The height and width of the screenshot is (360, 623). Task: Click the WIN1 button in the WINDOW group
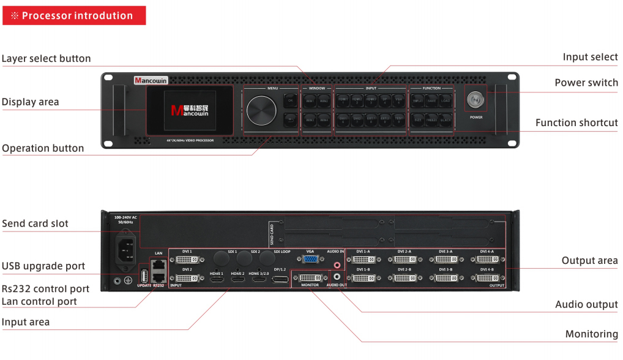(310, 100)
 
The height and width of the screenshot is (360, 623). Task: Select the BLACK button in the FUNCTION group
(446, 119)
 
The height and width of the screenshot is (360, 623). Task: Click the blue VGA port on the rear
(310, 260)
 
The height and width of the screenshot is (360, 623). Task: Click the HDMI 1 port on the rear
(217, 279)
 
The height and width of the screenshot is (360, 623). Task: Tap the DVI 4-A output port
(487, 260)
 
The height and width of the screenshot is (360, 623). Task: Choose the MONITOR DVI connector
(310, 279)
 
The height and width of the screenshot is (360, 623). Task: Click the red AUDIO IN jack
(337, 265)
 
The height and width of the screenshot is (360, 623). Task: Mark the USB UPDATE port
(144, 276)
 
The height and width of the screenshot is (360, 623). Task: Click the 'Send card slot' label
(35, 223)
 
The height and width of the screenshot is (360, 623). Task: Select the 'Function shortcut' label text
(576, 123)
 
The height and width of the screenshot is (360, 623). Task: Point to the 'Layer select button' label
(46, 59)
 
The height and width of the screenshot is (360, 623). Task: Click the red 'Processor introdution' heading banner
(74, 15)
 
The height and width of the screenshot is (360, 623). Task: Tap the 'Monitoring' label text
(591, 334)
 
